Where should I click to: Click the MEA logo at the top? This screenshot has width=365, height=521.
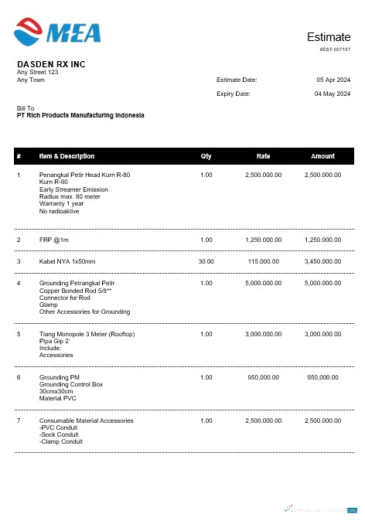[x=57, y=32]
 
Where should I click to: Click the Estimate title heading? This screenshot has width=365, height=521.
[x=329, y=37]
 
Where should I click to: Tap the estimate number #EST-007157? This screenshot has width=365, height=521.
[x=335, y=49]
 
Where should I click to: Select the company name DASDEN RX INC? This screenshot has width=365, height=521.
[x=51, y=64]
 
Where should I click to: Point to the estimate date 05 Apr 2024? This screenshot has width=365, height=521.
[x=333, y=80]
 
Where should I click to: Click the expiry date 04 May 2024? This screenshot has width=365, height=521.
[x=333, y=94]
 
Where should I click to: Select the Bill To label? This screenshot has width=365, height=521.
[x=26, y=108]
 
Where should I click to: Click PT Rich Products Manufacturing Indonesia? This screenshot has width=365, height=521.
[x=80, y=115]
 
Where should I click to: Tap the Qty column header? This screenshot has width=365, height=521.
[x=206, y=156]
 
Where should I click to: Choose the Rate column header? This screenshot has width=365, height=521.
[x=263, y=156]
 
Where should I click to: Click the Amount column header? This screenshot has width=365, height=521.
[x=322, y=156]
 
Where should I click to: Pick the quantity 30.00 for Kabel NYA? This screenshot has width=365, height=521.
[x=206, y=262]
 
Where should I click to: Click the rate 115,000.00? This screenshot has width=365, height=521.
[x=263, y=262]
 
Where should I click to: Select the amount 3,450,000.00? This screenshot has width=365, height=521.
[x=322, y=262]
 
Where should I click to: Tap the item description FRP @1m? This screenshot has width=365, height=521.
[x=54, y=240]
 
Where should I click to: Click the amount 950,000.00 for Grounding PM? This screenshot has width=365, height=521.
[x=322, y=377]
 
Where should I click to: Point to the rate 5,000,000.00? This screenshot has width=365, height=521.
[x=263, y=284]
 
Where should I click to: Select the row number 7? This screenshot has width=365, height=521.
[x=19, y=421]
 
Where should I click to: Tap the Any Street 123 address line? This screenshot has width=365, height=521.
[x=37, y=73]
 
